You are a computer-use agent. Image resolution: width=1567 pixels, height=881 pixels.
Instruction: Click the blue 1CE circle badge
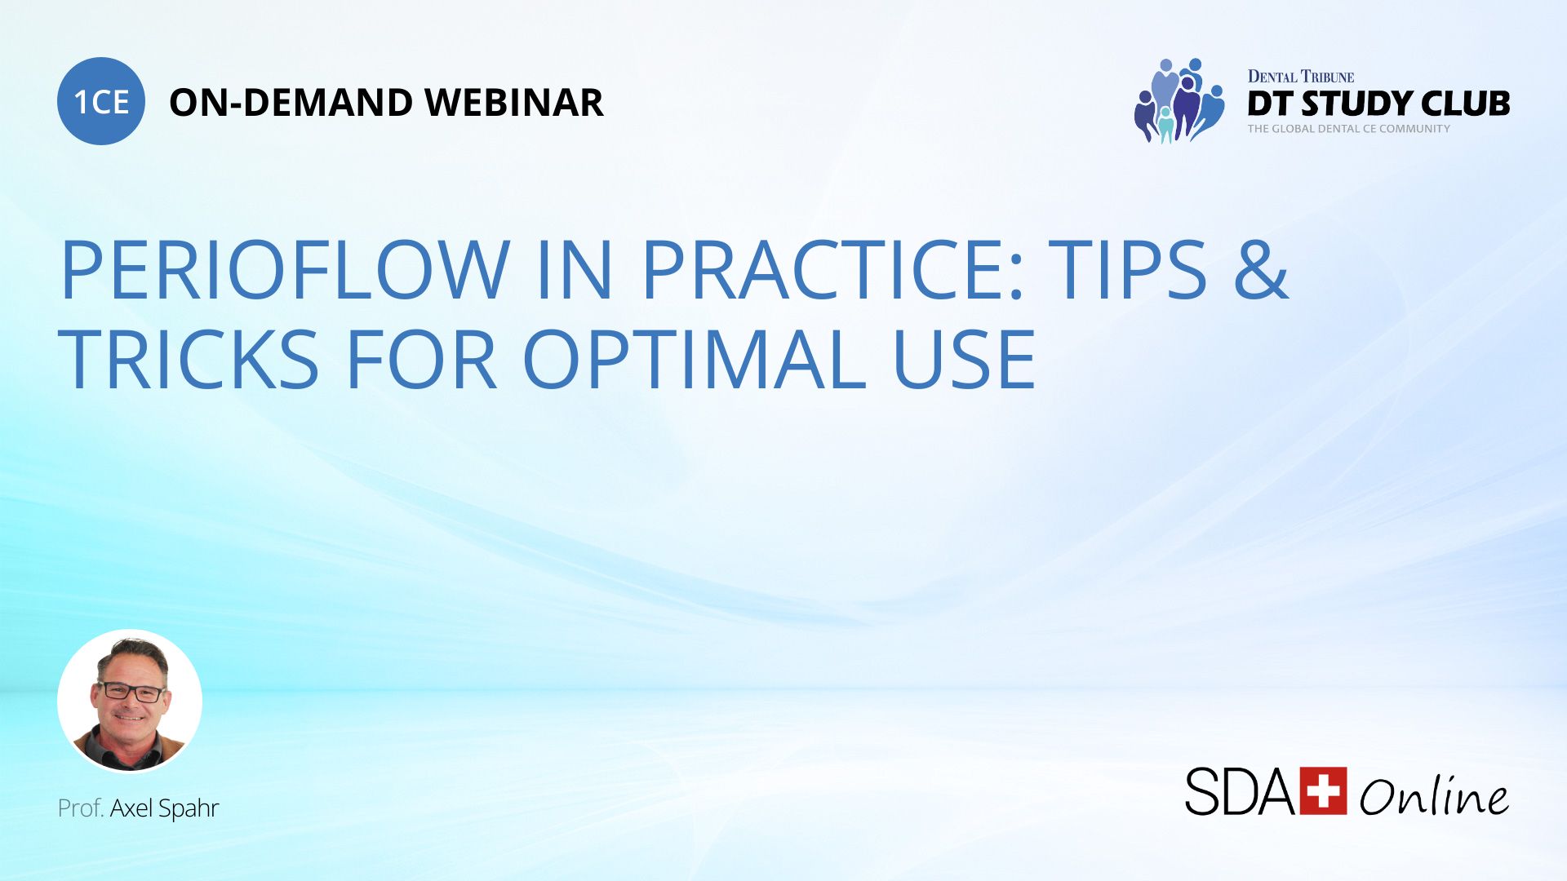(101, 101)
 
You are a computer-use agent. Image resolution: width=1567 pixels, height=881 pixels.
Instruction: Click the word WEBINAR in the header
(514, 103)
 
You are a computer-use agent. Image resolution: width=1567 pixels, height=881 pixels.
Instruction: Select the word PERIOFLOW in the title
(285, 270)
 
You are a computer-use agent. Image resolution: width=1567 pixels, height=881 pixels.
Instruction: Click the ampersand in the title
(1261, 270)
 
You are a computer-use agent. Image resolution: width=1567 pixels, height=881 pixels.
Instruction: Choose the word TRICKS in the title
(189, 360)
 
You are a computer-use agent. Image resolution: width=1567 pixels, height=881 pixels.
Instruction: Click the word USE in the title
(965, 360)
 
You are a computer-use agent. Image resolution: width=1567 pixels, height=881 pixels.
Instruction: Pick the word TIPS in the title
(1127, 270)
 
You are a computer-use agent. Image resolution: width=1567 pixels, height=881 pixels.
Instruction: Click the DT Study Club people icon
(1179, 101)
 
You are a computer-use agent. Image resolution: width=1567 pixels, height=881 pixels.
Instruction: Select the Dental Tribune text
(1301, 77)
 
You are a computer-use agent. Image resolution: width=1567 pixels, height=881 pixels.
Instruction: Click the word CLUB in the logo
(1466, 104)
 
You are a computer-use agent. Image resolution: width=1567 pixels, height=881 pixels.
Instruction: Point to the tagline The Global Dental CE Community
(1348, 129)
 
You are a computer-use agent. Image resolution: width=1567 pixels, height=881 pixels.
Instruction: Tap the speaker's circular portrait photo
(130, 701)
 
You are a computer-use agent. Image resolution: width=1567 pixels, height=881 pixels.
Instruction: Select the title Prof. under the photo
(81, 808)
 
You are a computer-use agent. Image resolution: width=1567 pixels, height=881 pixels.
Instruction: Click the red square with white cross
(1323, 790)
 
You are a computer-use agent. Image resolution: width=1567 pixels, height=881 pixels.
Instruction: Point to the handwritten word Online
(1434, 795)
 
